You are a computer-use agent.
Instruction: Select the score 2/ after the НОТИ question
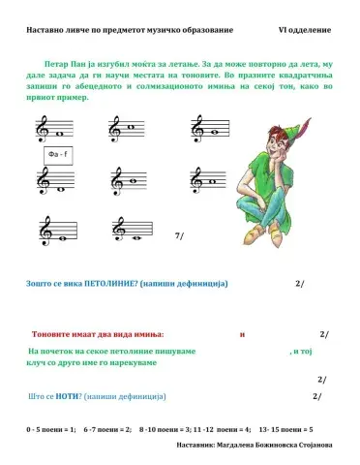(317, 397)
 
